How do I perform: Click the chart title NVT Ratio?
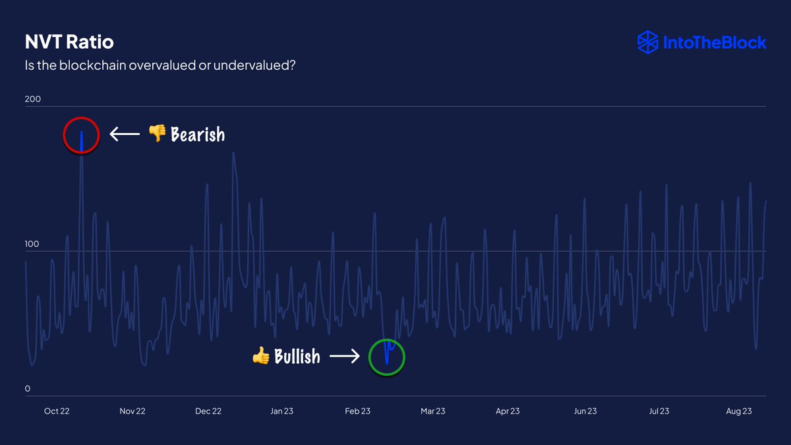coord(69,42)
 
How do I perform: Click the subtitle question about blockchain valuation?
coord(160,66)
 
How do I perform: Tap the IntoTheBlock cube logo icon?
coord(648,42)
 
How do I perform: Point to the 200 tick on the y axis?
coord(33,100)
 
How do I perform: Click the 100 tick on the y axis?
coord(33,245)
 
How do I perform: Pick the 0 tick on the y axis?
coord(28,389)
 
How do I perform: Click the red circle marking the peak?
coord(81,135)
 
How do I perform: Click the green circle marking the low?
coord(387,357)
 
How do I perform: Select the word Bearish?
coord(198,135)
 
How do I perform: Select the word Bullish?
coord(297,357)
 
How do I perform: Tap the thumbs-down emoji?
coord(157,134)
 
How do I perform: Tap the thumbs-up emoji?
coord(261,357)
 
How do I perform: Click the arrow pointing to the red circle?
coord(125,135)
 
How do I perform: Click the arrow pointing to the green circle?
coord(344,357)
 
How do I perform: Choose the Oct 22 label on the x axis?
coord(57,411)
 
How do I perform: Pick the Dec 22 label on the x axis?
coord(208,411)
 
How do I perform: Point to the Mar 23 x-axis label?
coord(432,411)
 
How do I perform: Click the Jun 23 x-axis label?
coord(585,411)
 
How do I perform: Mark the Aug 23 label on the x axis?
coord(739,411)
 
